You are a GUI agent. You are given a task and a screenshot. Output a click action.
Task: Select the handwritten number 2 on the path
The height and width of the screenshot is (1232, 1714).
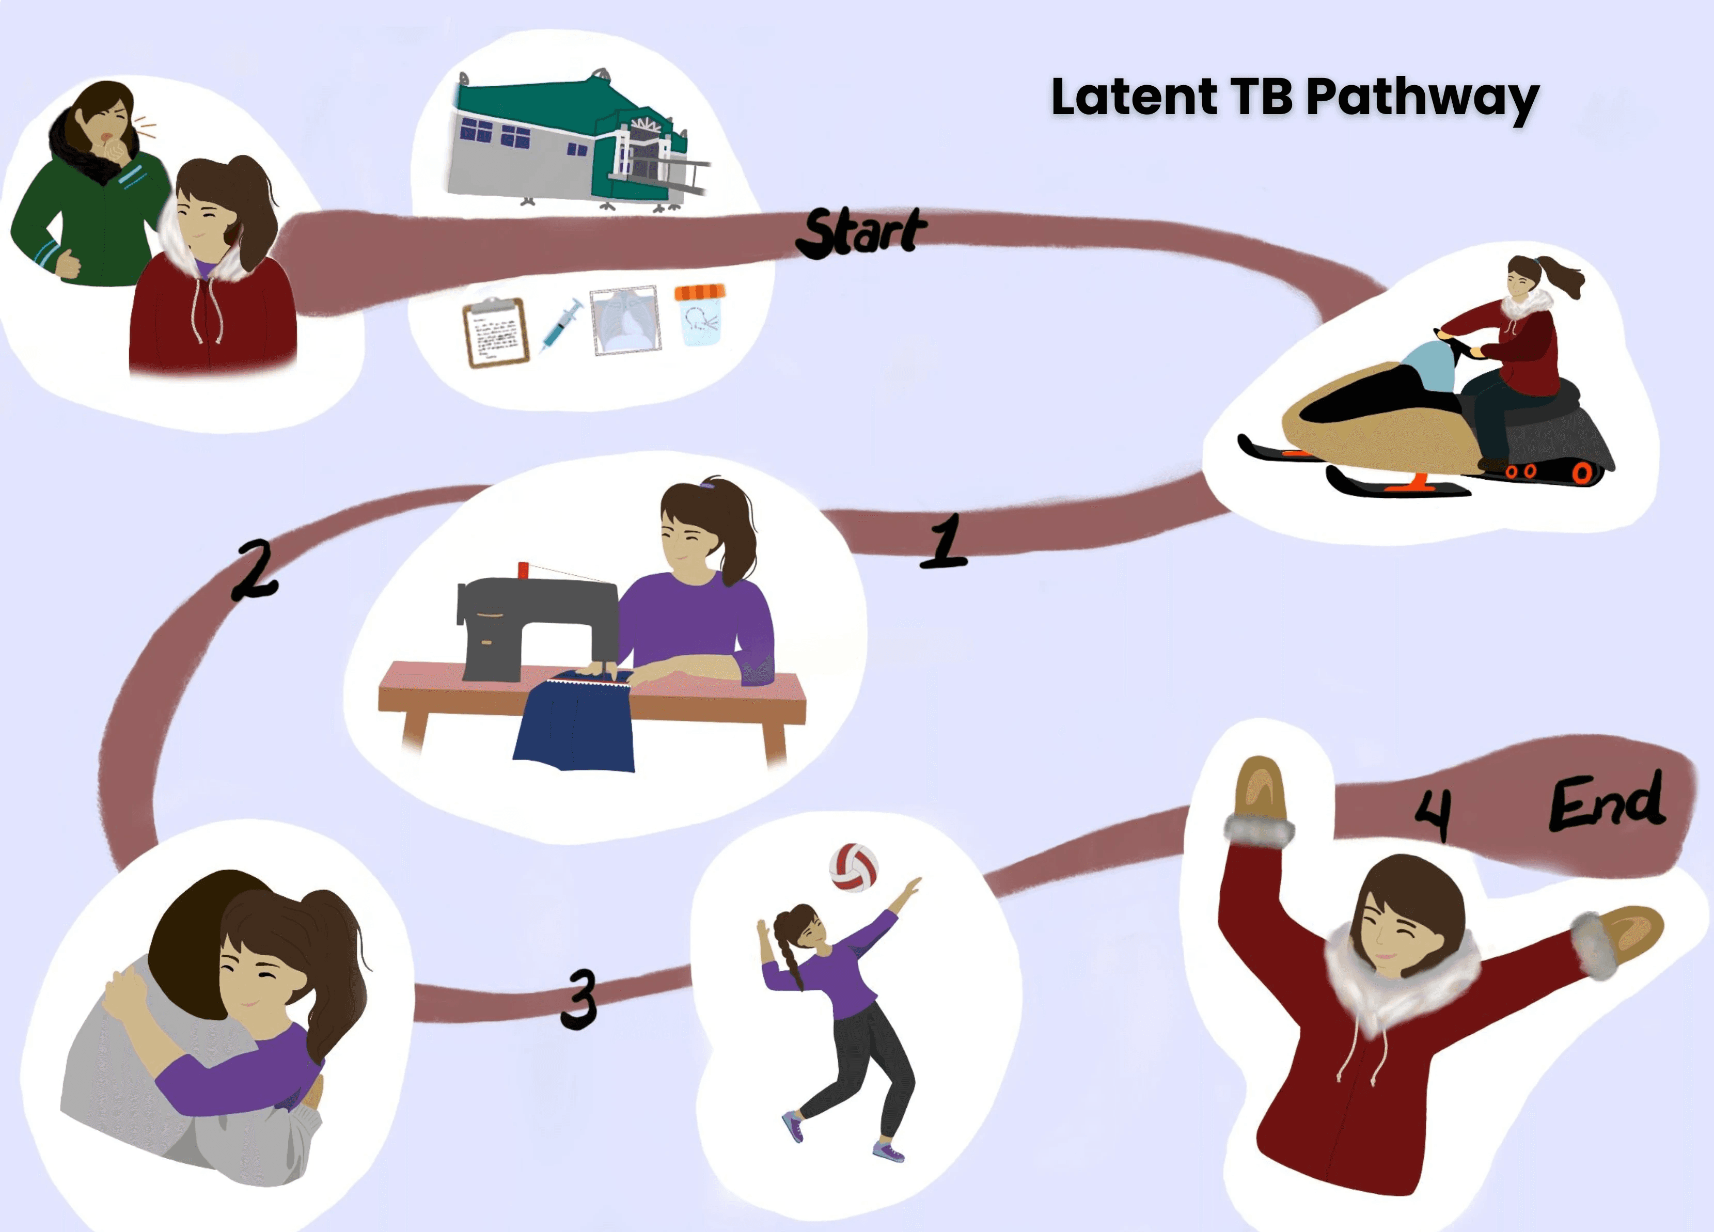256,570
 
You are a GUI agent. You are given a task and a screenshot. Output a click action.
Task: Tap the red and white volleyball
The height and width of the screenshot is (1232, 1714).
853,867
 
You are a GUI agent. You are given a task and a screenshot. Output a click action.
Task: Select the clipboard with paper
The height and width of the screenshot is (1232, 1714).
496,333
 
